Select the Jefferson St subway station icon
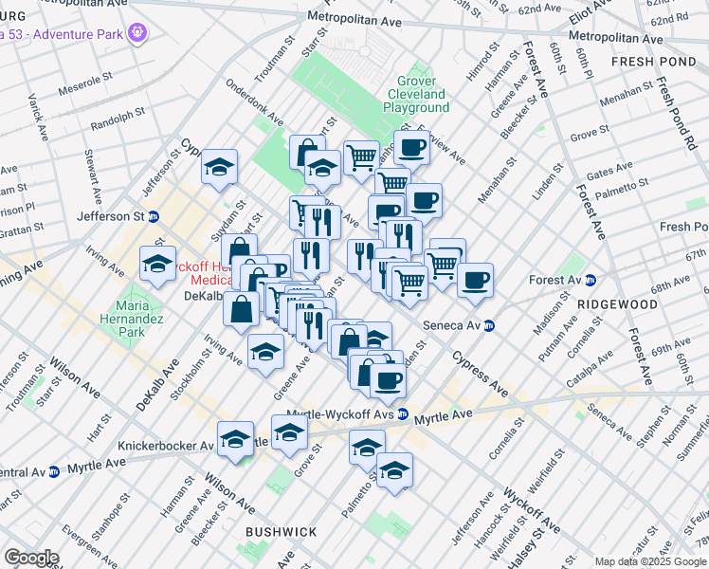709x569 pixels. tap(153, 216)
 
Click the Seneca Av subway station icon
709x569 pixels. tap(489, 325)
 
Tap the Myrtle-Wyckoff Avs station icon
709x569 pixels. tap(403, 414)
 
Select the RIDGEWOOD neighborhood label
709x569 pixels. tap(622, 304)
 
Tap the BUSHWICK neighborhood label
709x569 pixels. tap(281, 532)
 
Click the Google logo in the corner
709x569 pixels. tap(30, 557)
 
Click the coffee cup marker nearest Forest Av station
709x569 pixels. tap(475, 280)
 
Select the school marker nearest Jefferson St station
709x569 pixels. tap(219, 168)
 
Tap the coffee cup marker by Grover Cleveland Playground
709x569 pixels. tap(411, 147)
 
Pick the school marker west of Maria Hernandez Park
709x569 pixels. tap(157, 263)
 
